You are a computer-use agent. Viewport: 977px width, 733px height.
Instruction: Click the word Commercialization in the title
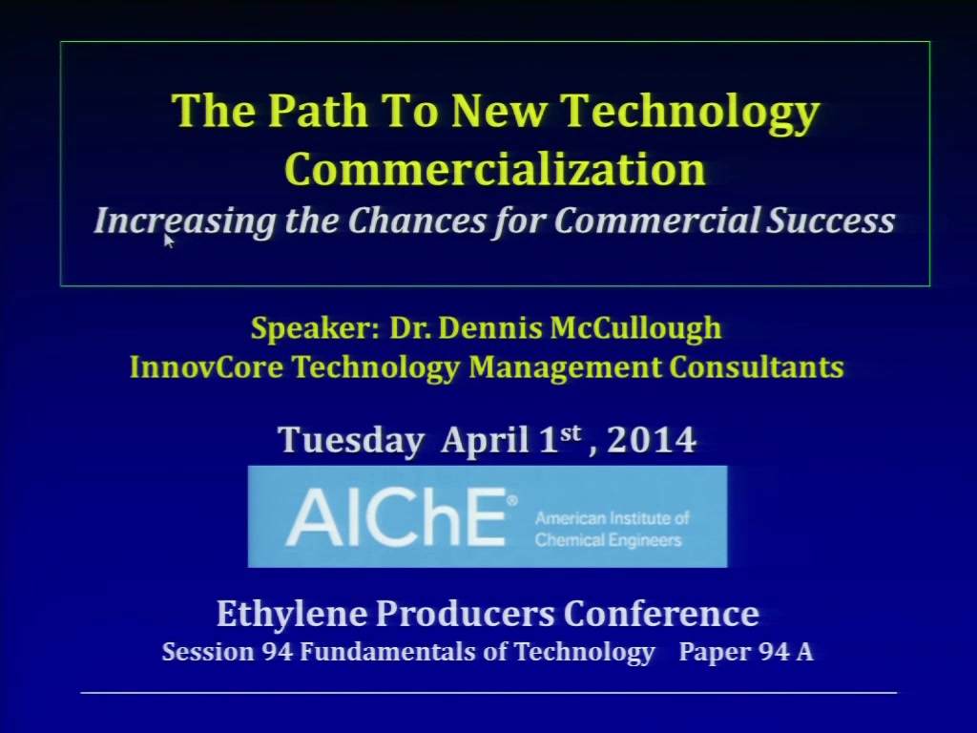point(495,169)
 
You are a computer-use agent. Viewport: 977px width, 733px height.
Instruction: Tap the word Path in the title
point(318,111)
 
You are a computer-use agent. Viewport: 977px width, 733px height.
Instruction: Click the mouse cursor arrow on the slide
point(169,241)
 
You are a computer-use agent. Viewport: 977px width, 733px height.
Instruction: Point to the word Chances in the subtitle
point(417,220)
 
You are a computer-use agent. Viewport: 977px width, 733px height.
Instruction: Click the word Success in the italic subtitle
point(831,220)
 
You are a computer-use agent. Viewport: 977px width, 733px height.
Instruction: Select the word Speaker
point(315,328)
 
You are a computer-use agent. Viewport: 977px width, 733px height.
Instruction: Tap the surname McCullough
point(635,328)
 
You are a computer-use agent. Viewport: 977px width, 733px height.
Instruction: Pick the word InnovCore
point(206,366)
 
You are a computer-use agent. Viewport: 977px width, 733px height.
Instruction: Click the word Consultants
point(757,366)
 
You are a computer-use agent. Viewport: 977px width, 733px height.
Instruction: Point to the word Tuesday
point(351,440)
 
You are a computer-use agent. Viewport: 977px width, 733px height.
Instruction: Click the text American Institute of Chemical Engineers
point(612,529)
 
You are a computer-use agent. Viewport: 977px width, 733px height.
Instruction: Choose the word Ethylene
point(292,614)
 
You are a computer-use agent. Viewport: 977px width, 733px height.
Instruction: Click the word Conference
point(661,613)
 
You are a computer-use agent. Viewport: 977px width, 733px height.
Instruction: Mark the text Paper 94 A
point(746,652)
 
